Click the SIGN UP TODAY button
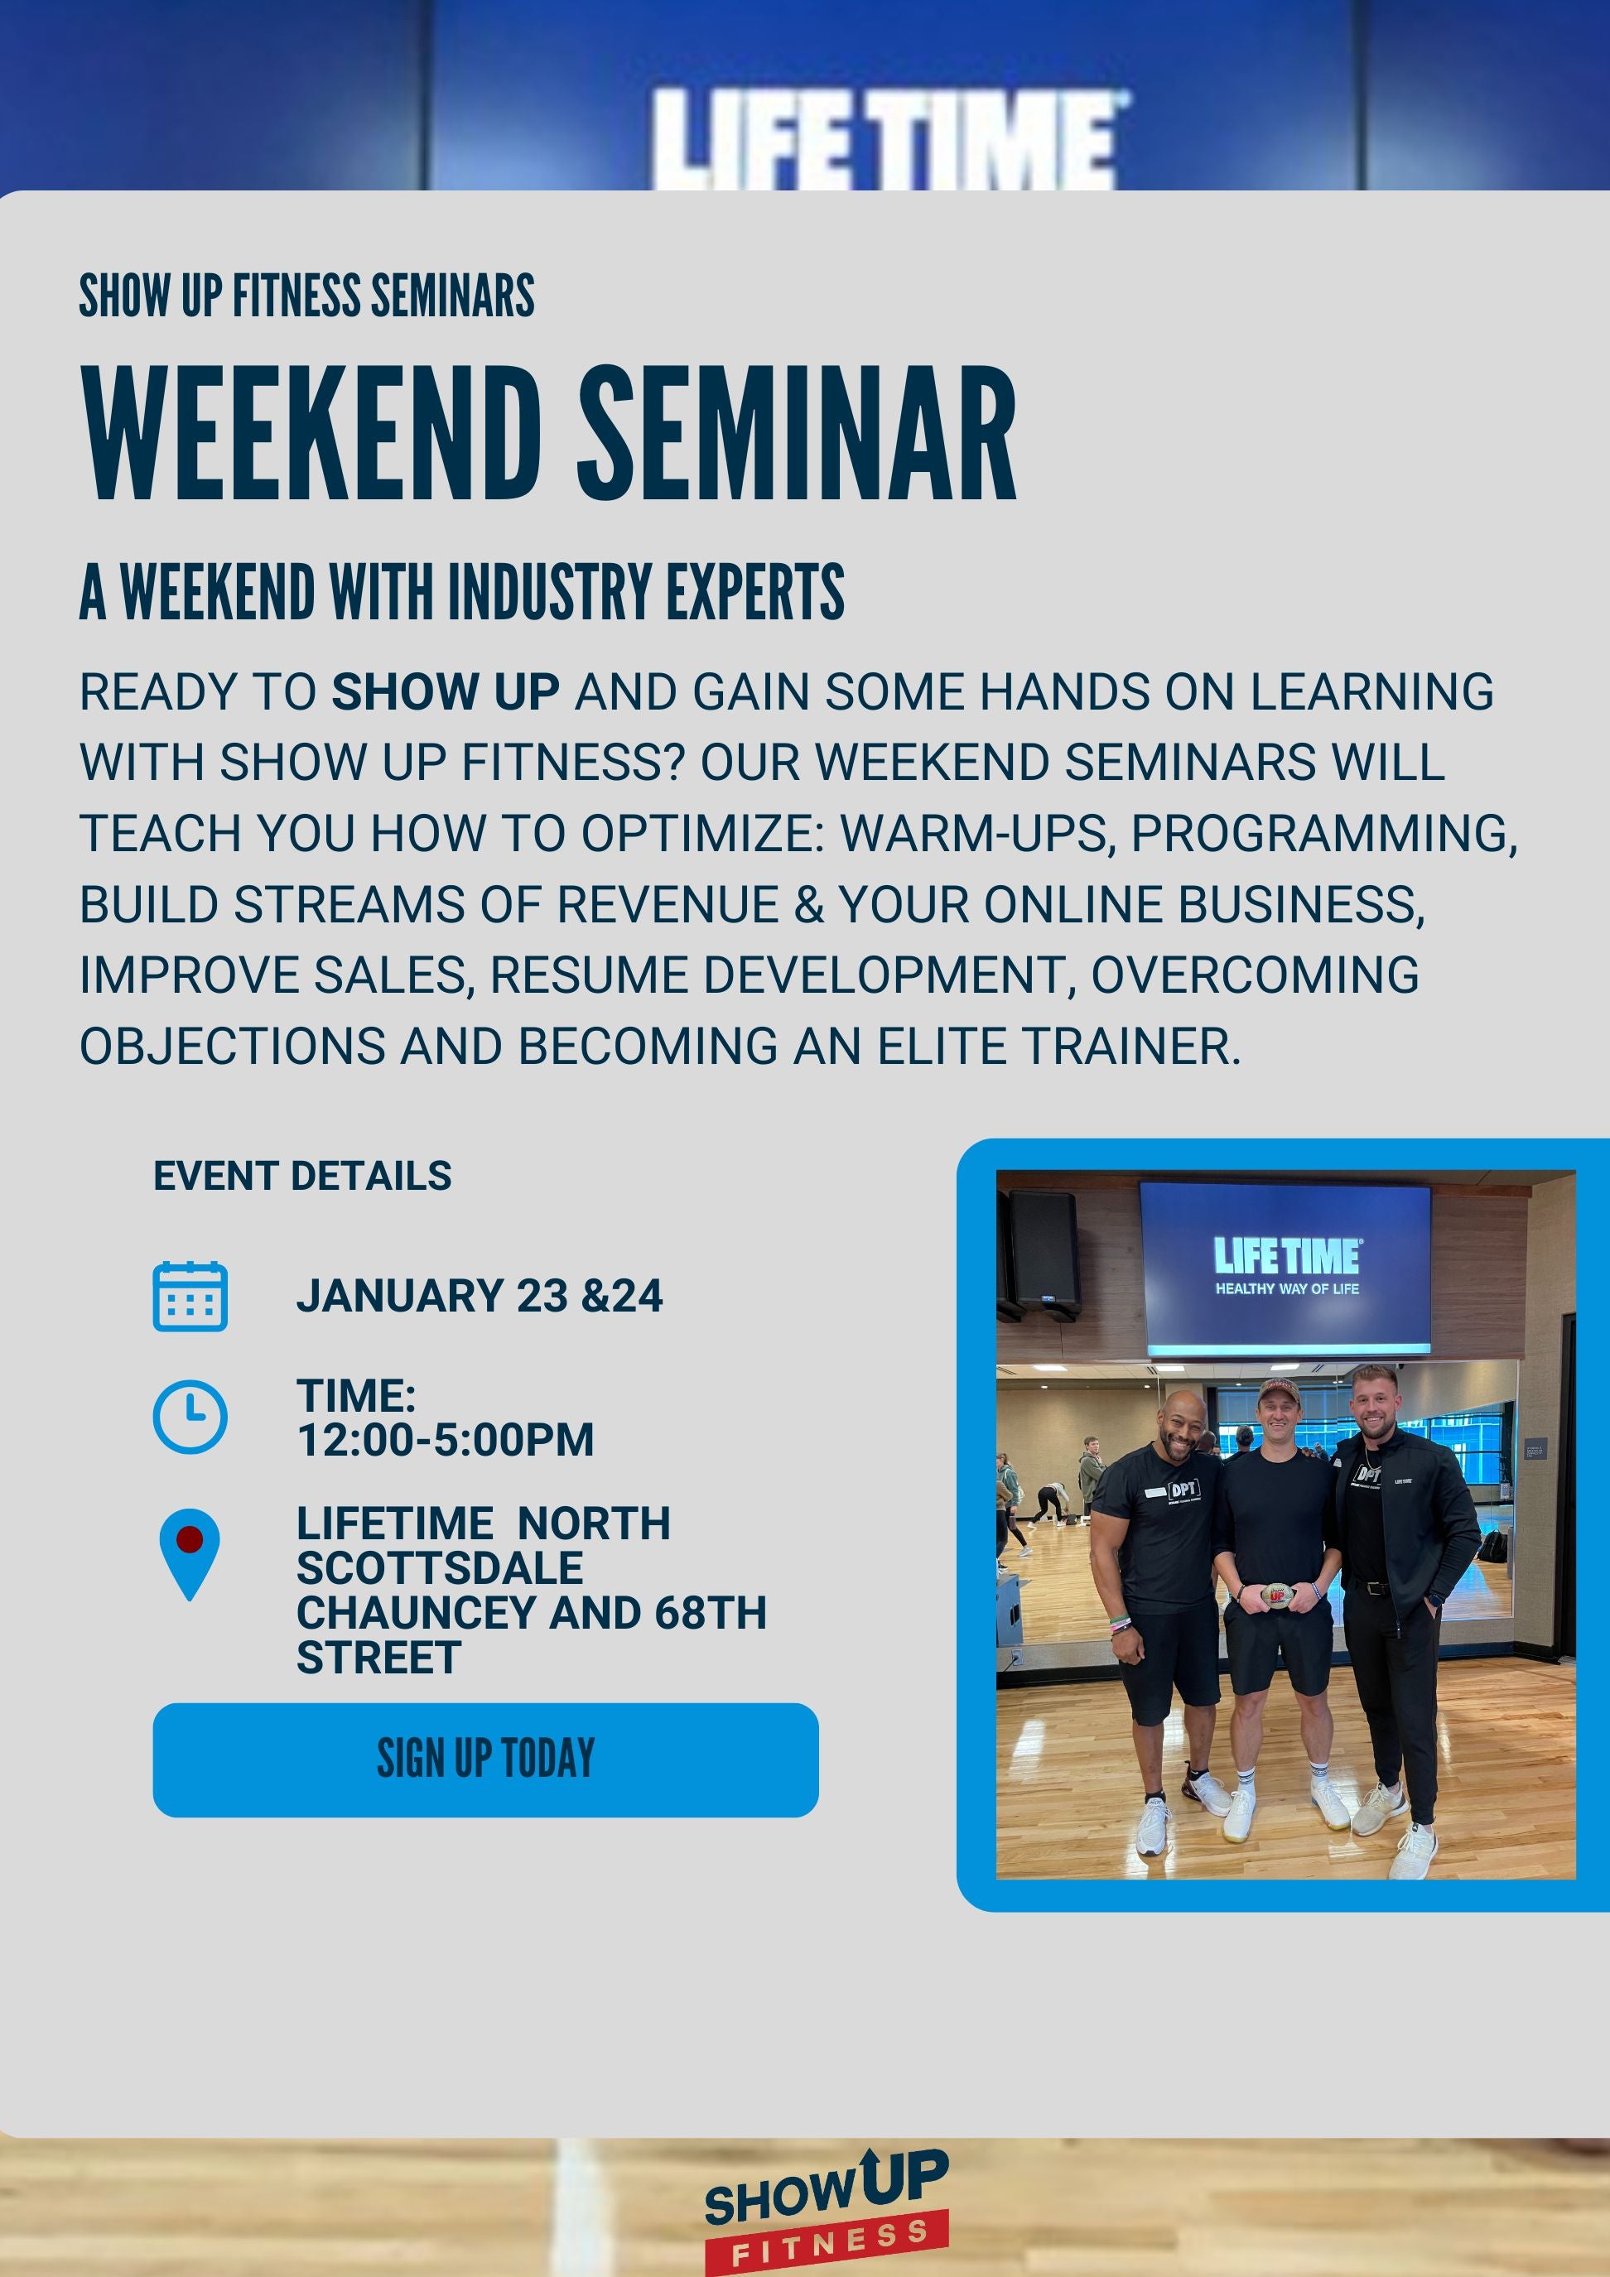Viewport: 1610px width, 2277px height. (x=485, y=1759)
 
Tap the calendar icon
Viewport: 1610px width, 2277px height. (x=190, y=1296)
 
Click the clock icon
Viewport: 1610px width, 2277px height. (x=190, y=1416)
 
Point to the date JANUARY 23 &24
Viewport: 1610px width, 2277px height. (x=480, y=1296)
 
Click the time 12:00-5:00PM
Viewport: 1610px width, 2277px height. (x=446, y=1439)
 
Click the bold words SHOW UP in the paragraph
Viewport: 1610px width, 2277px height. (x=445, y=691)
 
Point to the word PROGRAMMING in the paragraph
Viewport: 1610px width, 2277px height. (x=1323, y=833)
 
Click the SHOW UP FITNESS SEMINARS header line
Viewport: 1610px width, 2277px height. (x=306, y=296)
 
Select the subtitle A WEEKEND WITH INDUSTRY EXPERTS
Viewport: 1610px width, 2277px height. (x=461, y=592)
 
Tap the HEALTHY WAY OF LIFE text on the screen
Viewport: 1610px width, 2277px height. (x=1287, y=1288)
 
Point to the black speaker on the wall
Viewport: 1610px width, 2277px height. (x=1044, y=1253)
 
